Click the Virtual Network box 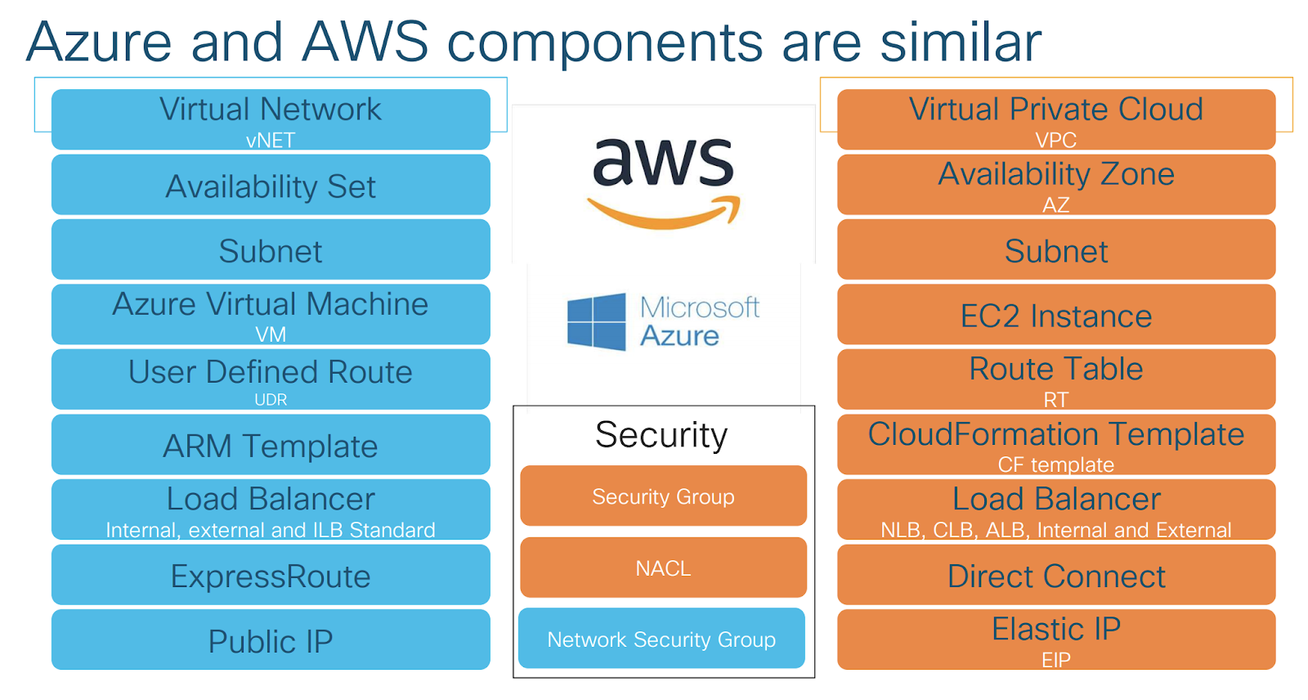pos(271,119)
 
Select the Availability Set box pos(271,186)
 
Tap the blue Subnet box pos(271,250)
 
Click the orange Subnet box pos(1056,250)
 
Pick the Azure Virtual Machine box pos(271,314)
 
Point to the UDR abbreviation pos(271,400)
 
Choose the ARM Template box pos(271,445)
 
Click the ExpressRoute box pos(271,576)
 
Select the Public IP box pos(271,640)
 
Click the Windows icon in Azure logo pos(597,322)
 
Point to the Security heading pos(661,434)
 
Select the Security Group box pos(663,496)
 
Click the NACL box pos(663,568)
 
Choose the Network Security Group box pos(661,639)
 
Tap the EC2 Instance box pos(1056,315)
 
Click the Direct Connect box pos(1056,576)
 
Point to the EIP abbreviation pos(1056,660)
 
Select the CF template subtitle pos(1056,464)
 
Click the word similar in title pos(961,43)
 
